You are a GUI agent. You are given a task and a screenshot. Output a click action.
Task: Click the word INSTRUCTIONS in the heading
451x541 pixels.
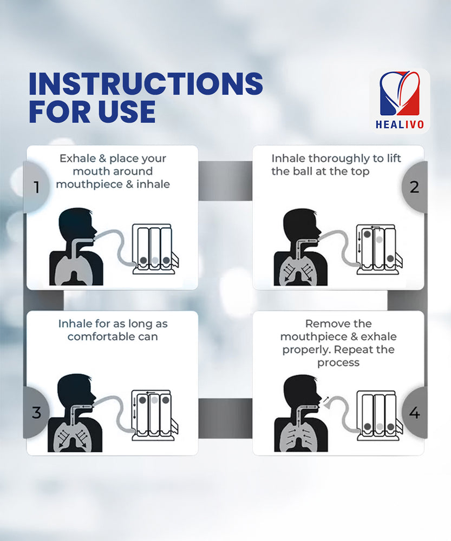click(x=146, y=83)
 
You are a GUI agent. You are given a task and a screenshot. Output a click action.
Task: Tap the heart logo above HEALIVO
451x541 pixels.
click(x=400, y=94)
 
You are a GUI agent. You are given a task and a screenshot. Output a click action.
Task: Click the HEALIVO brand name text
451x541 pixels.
click(x=400, y=124)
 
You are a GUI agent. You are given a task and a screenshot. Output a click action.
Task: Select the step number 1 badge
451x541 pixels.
click(x=36, y=187)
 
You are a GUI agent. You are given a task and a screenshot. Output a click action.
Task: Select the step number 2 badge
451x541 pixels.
click(x=414, y=187)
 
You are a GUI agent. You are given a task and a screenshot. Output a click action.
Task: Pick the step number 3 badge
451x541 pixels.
click(x=36, y=412)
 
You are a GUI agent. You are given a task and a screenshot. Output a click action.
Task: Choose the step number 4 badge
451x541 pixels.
click(x=414, y=412)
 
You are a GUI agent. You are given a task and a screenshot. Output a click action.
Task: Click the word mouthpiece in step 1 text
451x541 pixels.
click(x=89, y=184)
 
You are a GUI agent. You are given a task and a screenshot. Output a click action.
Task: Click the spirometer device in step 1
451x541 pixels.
click(x=156, y=249)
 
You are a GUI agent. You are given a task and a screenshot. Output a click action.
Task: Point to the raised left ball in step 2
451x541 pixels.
click(x=367, y=234)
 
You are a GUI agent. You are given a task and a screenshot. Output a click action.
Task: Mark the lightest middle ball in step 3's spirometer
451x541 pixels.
click(x=154, y=400)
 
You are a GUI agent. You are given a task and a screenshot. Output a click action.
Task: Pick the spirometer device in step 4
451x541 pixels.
click(x=380, y=415)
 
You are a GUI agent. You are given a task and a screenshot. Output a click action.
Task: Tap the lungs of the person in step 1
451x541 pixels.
click(x=74, y=271)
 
